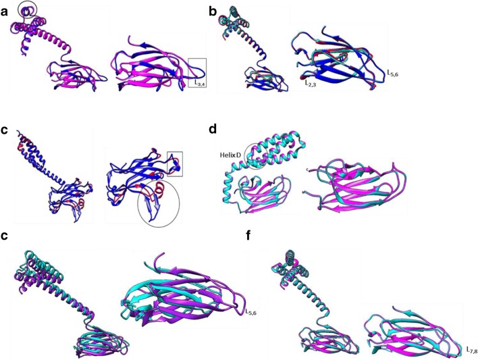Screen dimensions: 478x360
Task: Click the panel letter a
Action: click(4, 12)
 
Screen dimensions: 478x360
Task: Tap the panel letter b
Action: click(213, 11)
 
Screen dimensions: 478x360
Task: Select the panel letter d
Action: click(213, 129)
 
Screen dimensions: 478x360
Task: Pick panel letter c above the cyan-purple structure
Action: click(4, 236)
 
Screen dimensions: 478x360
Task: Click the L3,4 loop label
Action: click(199, 82)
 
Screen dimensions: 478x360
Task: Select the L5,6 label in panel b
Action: click(392, 73)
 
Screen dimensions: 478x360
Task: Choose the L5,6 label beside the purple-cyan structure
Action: click(251, 312)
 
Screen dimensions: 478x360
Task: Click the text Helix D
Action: click(230, 155)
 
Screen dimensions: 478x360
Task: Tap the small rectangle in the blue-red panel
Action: click(167, 163)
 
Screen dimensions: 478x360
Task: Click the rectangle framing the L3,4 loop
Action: click(188, 73)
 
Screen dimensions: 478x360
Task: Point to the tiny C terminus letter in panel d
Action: click(309, 169)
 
